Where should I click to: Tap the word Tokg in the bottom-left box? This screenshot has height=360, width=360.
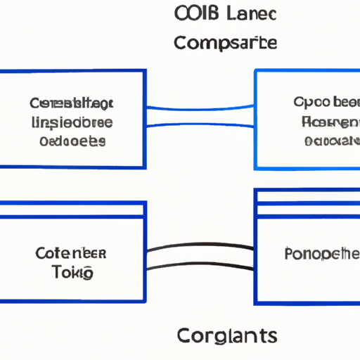[x=72, y=272]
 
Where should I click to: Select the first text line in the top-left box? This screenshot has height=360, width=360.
[x=71, y=104]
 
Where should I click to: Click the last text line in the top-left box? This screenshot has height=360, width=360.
[x=72, y=141]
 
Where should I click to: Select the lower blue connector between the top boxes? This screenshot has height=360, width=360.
[x=200, y=126]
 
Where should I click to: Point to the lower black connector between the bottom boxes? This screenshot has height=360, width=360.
[x=200, y=268]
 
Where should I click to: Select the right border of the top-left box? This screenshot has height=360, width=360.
[x=146, y=120]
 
